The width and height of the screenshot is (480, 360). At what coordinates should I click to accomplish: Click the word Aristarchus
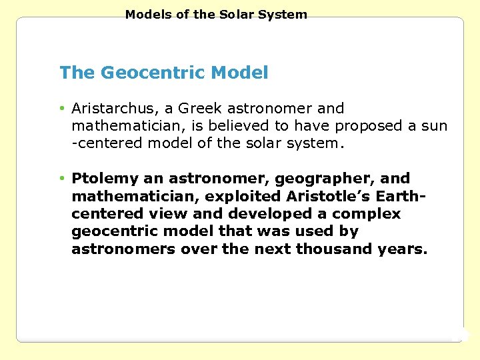[107, 108]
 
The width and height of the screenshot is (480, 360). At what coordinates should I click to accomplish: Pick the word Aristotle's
[325, 196]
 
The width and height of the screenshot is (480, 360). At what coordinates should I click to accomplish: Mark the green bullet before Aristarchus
[61, 108]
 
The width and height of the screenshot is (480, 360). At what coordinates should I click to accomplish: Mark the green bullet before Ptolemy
[61, 179]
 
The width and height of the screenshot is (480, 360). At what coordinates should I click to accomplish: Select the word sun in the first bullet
[435, 125]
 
